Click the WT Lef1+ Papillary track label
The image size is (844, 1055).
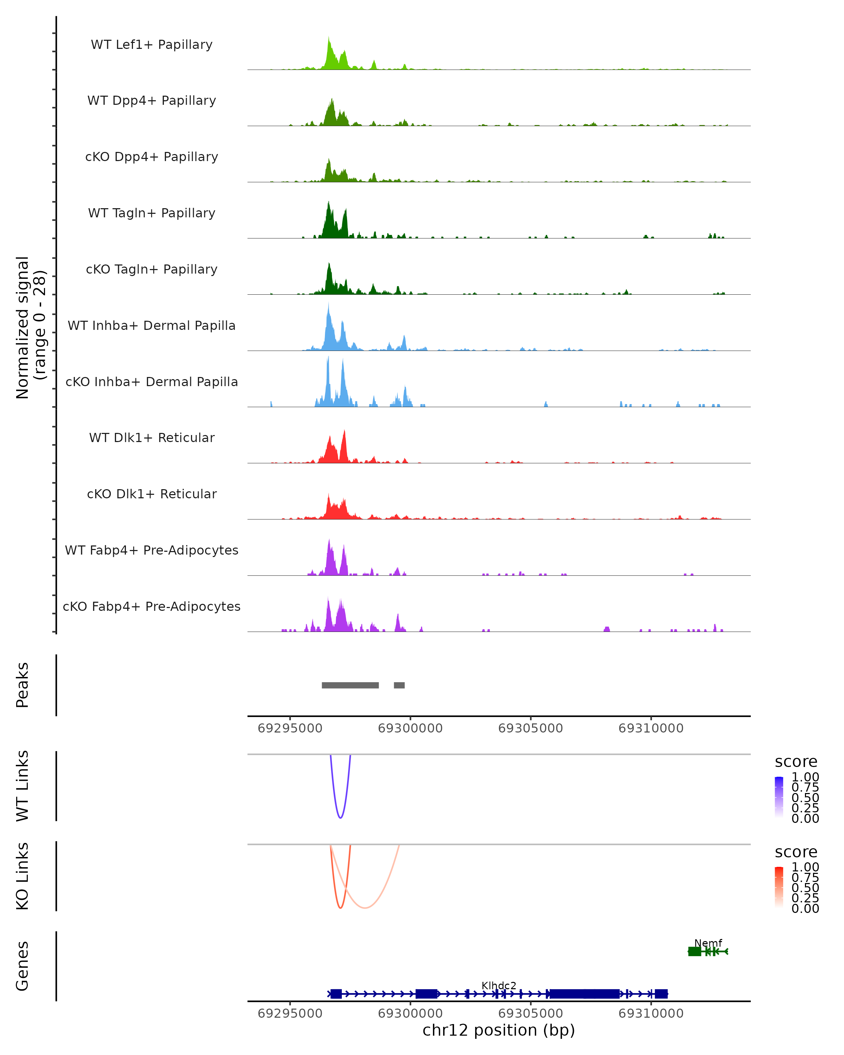coord(152,45)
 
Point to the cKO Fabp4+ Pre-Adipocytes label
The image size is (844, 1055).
coord(152,606)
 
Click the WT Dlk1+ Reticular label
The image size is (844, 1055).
coord(152,437)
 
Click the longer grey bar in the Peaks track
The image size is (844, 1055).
coord(350,685)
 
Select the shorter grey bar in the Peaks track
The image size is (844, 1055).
coord(399,685)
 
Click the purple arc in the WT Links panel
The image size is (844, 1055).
coord(340,817)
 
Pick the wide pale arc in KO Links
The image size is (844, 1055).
coord(365,908)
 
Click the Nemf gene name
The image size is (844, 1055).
coord(708,942)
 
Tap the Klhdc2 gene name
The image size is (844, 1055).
coord(499,985)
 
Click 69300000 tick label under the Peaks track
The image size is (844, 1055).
coord(410,728)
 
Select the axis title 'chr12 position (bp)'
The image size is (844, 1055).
coord(499,1030)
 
